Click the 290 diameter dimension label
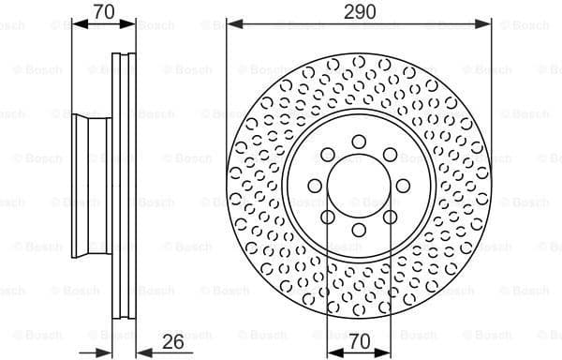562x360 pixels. (x=360, y=11)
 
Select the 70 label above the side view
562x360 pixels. (x=104, y=11)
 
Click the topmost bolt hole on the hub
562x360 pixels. (x=360, y=142)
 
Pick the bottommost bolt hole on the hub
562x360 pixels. (x=360, y=230)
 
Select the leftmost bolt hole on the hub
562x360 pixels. (x=316, y=186)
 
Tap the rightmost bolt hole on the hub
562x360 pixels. (x=404, y=186)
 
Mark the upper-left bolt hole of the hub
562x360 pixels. (x=329, y=155)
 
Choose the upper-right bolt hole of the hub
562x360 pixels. (x=391, y=155)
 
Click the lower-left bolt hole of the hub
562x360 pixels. (x=329, y=217)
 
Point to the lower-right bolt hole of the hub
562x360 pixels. (x=391, y=217)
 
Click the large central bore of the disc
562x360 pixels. (x=360, y=186)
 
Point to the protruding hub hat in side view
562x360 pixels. (x=89, y=186)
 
